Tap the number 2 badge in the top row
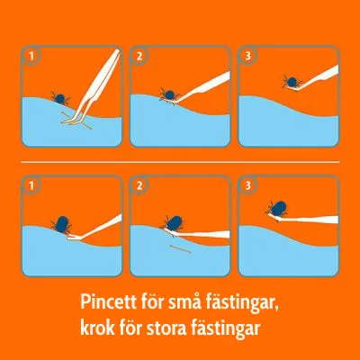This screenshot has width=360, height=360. click(139, 56)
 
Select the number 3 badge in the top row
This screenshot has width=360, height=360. click(247, 56)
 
